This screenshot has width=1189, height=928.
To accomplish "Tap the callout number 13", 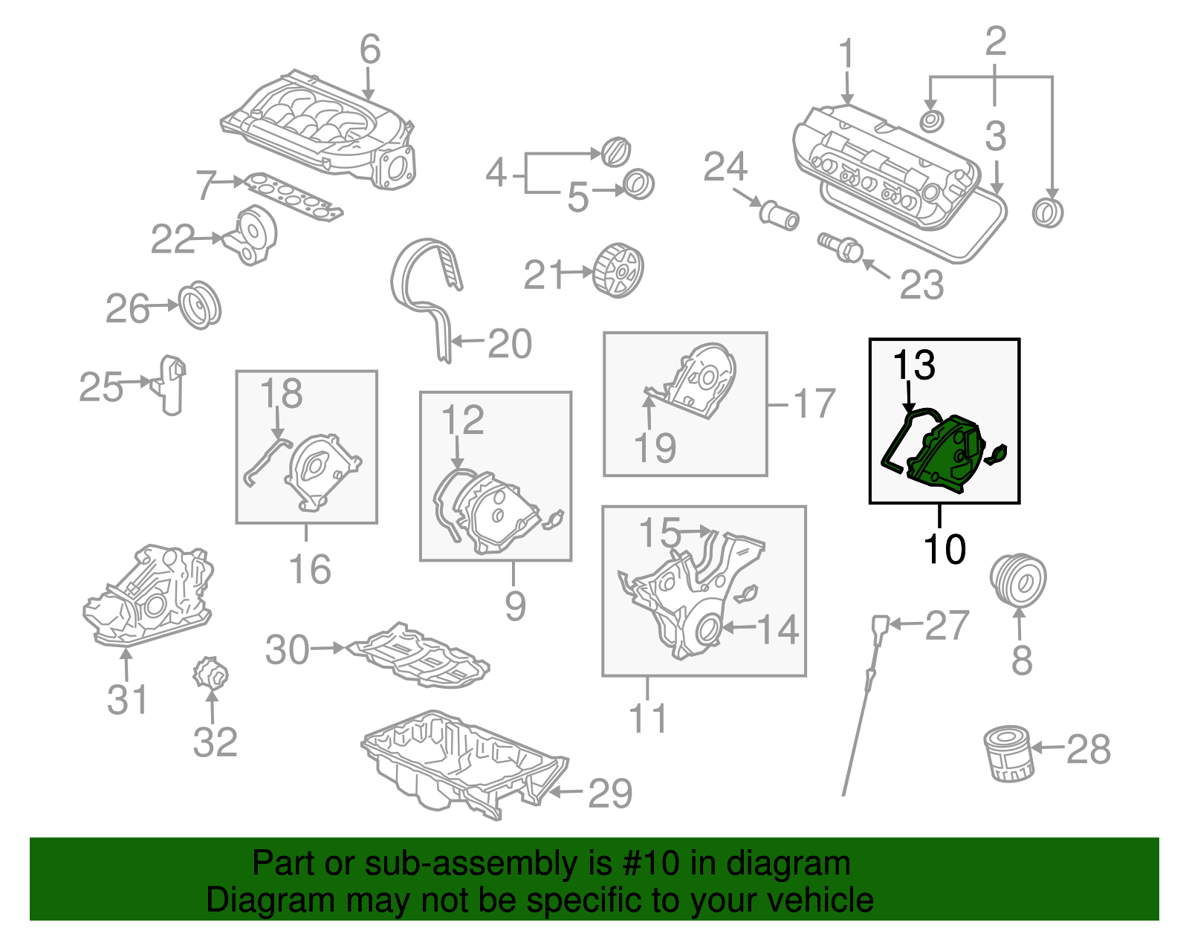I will (x=913, y=365).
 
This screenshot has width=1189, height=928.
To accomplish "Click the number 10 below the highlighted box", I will (x=944, y=550).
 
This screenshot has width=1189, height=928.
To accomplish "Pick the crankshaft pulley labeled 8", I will (x=1018, y=580).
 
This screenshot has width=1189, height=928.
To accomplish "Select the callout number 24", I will (x=725, y=167).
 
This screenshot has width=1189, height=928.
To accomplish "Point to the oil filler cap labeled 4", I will (x=615, y=152).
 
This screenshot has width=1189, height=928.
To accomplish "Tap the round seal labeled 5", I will (x=638, y=184).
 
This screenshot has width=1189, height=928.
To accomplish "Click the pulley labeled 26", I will (x=200, y=305).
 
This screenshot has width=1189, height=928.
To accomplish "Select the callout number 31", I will (x=127, y=699).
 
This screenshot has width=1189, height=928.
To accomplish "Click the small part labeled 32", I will (x=210, y=673).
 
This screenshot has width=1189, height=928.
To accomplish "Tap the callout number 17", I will (x=814, y=403).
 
